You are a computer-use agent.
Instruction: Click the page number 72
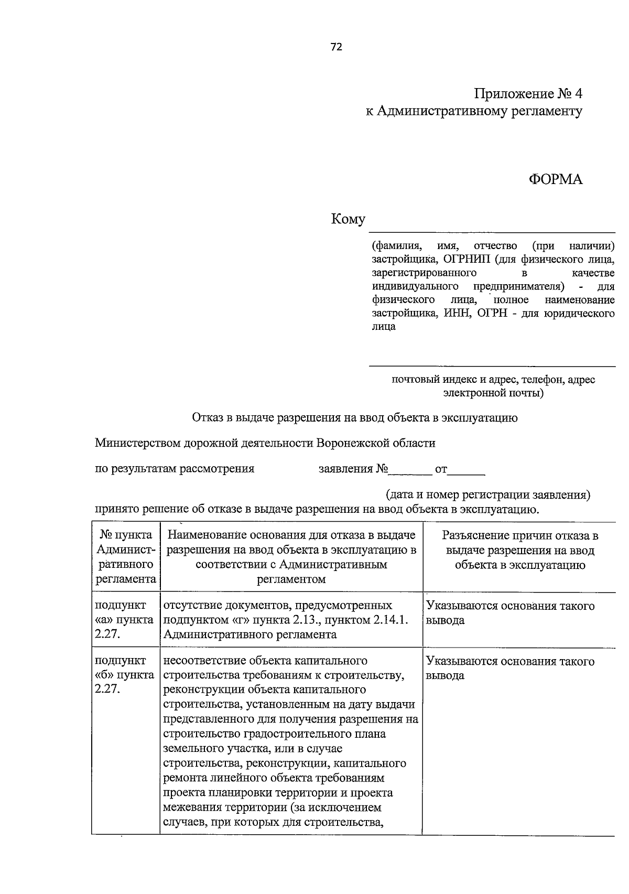click(336, 47)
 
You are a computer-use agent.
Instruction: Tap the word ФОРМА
click(555, 179)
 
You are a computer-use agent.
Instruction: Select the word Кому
click(348, 219)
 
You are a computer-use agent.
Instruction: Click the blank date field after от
click(467, 470)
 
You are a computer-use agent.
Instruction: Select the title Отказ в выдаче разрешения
click(355, 418)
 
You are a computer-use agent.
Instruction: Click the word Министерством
click(137, 443)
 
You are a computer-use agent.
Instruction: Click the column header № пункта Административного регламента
click(126, 557)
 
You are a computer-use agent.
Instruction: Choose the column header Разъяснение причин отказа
click(520, 550)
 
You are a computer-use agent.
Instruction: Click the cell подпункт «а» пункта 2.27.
click(125, 620)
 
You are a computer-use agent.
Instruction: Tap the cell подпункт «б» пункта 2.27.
click(125, 675)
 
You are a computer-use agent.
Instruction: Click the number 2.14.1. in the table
click(391, 620)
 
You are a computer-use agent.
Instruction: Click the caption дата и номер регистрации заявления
click(488, 494)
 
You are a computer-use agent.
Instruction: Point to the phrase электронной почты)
click(493, 392)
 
